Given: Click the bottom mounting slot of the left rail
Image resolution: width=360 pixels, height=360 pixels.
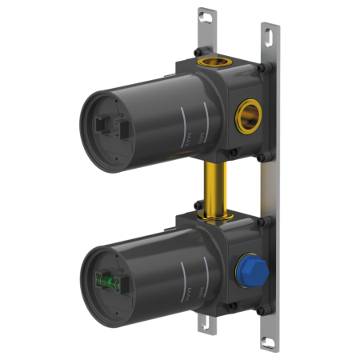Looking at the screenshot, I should [207, 323].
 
